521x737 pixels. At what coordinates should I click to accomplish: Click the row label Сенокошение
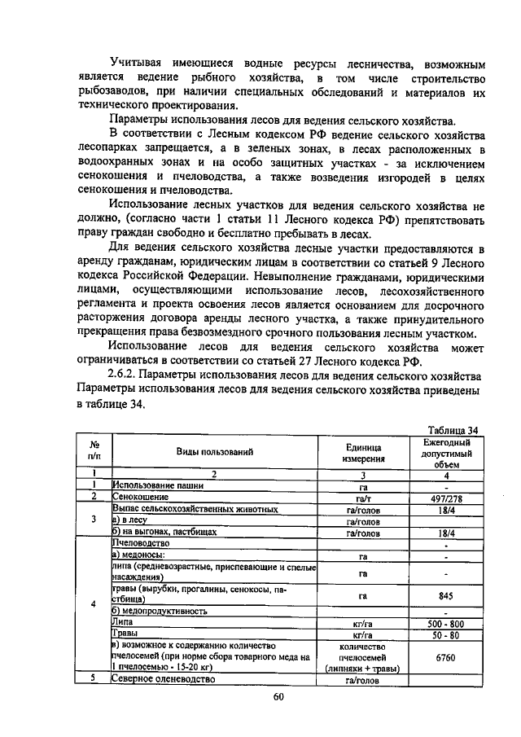[x=141, y=496]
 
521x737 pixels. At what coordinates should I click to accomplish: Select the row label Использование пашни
[x=158, y=485]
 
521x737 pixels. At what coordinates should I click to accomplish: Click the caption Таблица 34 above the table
[x=453, y=430]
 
